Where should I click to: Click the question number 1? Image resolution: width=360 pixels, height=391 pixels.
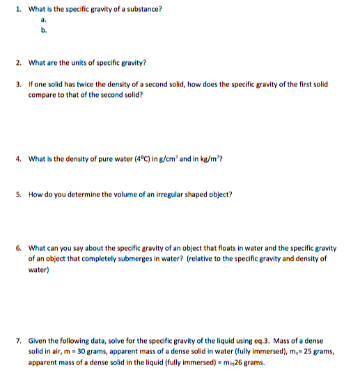click(19, 8)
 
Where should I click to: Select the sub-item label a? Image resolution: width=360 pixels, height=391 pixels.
click(43, 21)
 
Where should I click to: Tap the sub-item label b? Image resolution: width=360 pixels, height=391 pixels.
click(43, 31)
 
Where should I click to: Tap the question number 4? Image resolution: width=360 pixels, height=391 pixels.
click(19, 158)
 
